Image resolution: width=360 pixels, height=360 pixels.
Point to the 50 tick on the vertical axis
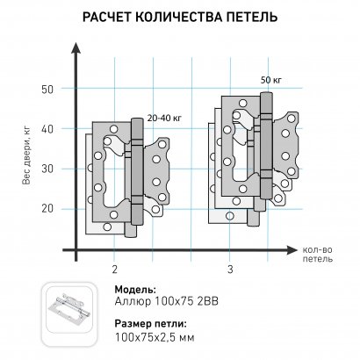coord(47,89)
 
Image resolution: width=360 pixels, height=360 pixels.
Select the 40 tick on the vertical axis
coord(47,128)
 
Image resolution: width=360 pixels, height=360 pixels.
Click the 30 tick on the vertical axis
coord(47,168)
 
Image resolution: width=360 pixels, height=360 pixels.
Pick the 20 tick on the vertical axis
coord(47,208)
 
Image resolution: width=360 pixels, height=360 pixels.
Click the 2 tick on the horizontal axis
coord(115,267)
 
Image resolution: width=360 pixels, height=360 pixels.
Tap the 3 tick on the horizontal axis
coord(230,267)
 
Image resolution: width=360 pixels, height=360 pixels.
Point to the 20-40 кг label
coord(165,116)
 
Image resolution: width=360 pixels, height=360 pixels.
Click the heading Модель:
coord(135,289)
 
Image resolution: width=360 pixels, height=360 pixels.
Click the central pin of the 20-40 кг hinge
coord(135,176)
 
